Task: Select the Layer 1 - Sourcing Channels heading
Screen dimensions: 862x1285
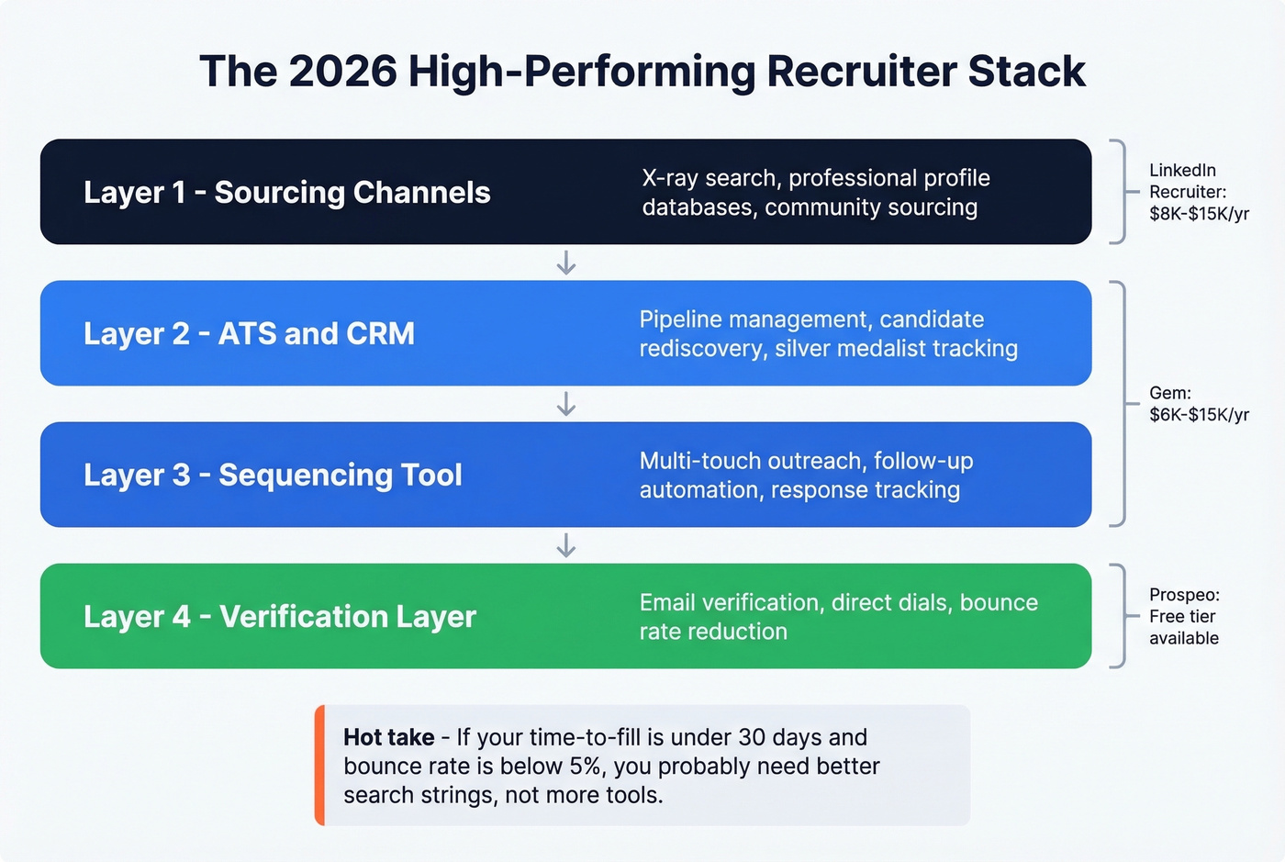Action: coord(286,193)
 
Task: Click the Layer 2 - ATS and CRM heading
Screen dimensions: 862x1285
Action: coord(249,334)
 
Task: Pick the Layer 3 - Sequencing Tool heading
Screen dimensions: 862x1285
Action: coord(273,476)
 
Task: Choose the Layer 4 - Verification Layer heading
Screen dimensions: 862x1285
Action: coord(279,617)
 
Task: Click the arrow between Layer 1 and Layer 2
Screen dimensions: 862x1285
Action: coord(566,263)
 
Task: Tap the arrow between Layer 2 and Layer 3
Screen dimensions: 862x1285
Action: coord(566,404)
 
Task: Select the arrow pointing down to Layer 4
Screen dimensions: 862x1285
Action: coord(566,545)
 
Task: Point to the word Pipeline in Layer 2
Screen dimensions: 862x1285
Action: coord(679,319)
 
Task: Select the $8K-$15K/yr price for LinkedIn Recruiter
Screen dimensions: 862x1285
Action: coord(1199,214)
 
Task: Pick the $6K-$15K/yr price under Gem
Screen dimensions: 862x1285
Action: coord(1199,415)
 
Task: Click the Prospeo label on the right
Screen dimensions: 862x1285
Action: coord(1183,595)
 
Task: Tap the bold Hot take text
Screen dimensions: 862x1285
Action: coord(388,737)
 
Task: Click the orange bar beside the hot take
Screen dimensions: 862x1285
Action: coord(319,766)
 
